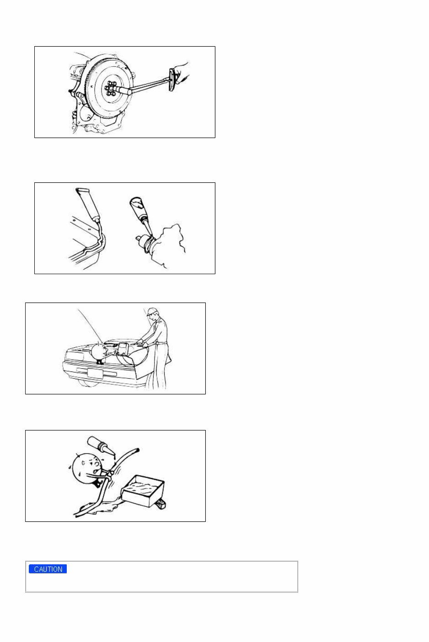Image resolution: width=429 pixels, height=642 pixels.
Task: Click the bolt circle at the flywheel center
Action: pos(110,87)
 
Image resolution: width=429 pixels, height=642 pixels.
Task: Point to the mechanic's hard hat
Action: pos(152,312)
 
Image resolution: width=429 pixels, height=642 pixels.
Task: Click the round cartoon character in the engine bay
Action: pos(99,351)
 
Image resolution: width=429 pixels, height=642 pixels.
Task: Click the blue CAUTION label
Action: pos(48,569)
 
